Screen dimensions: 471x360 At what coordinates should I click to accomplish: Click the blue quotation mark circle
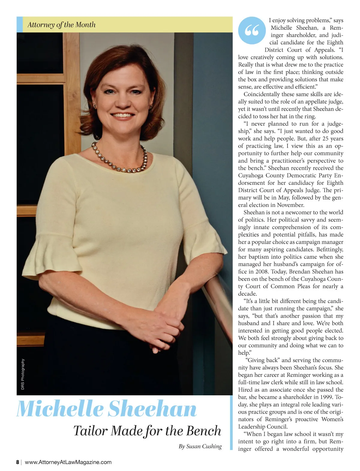(252, 30)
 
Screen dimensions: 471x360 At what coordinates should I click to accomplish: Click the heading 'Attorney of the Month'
(61, 25)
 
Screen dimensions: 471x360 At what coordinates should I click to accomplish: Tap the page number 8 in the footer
(18, 462)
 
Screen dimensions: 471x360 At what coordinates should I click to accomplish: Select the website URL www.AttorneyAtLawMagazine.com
(68, 462)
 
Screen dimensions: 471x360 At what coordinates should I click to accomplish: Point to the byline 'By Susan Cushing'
(200, 446)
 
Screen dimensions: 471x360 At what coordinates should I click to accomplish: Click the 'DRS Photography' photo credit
(23, 374)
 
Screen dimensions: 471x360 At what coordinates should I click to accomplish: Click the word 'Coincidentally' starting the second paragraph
(262, 94)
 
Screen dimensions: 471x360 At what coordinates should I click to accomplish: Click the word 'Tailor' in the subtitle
(90, 431)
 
